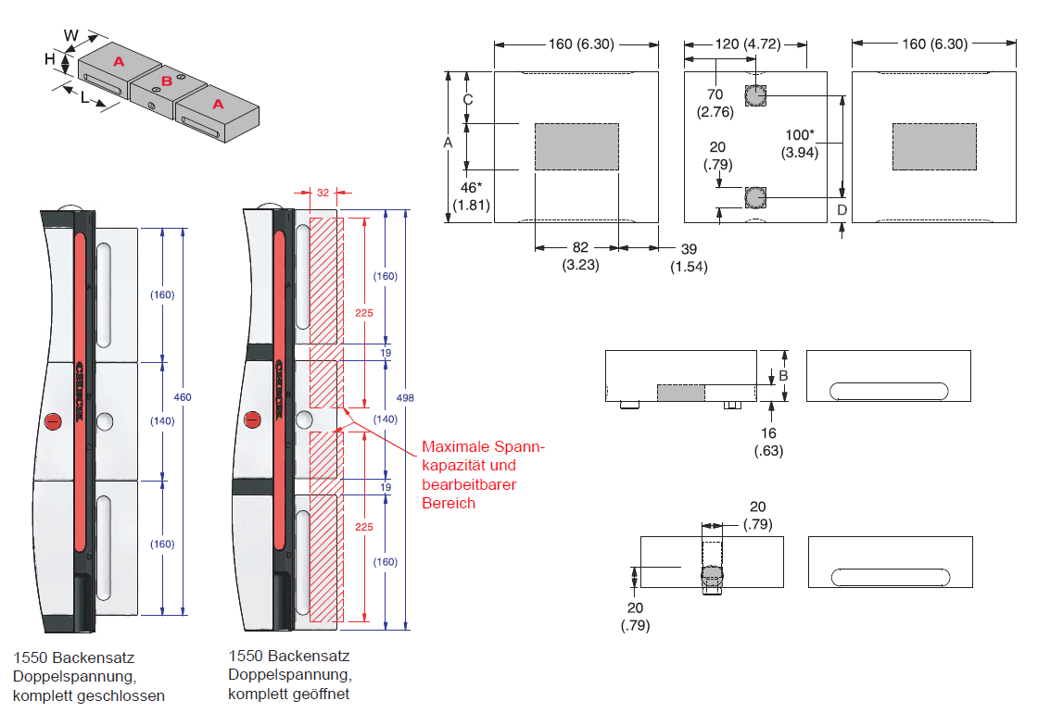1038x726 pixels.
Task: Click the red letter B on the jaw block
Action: click(167, 81)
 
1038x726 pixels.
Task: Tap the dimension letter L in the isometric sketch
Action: click(83, 97)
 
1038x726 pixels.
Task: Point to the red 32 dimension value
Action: click(323, 194)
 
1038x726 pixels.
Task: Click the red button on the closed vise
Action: click(53, 422)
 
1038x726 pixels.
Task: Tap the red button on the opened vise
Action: click(252, 421)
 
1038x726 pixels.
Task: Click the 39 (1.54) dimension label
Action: click(689, 257)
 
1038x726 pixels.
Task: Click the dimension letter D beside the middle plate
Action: click(842, 209)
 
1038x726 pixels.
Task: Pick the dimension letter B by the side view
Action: click(783, 375)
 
